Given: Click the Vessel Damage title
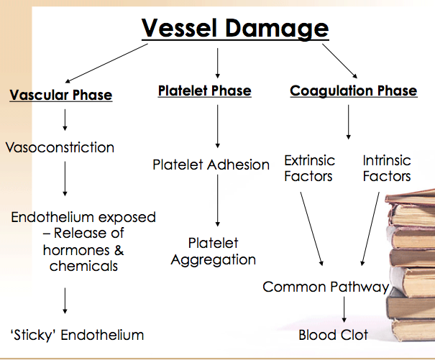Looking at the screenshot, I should click(x=234, y=28).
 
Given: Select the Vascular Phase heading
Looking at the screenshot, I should click(x=61, y=95).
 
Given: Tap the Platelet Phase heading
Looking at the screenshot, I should click(x=204, y=91).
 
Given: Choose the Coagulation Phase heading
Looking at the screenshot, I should click(x=353, y=91).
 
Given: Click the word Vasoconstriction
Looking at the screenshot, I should click(x=60, y=148).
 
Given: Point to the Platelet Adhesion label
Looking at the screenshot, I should click(x=211, y=165).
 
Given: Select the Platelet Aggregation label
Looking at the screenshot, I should click(x=213, y=251).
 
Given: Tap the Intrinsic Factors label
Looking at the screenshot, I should click(x=387, y=167).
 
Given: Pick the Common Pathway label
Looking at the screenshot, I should click(x=326, y=287).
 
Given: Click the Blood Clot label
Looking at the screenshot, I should click(x=334, y=335).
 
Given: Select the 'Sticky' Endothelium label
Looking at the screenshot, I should click(x=77, y=335).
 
